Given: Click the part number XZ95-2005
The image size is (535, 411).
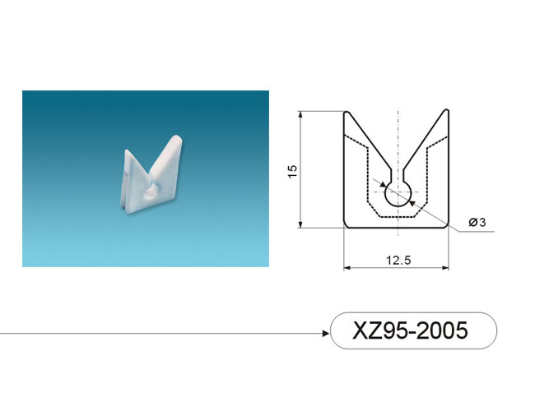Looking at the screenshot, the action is click(410, 330).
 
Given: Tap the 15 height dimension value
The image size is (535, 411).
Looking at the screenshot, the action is click(293, 171).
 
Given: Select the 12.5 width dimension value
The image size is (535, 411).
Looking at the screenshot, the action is click(398, 261).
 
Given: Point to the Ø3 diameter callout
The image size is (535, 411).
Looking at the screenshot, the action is click(477, 222).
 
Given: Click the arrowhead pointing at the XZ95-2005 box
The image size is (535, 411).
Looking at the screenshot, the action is click(326, 333).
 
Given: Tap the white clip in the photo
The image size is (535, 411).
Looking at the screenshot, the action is click(151, 175).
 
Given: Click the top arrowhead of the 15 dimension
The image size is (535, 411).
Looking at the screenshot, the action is click(300, 115).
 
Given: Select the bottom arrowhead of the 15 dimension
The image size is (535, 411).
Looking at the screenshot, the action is click(300, 224).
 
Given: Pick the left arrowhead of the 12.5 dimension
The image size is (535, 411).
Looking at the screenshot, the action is click(347, 267).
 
